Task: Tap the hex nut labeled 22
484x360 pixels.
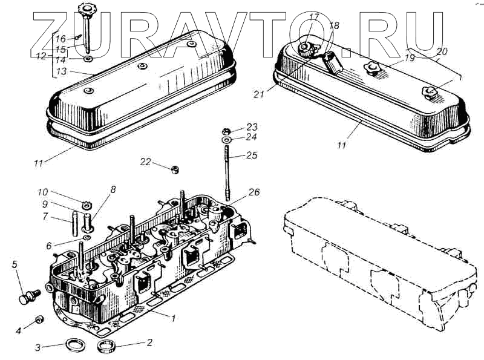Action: point(173,169)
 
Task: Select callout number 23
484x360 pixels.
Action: point(252,128)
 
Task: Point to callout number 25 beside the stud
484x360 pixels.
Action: point(252,155)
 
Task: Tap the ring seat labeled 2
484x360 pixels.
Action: point(107,347)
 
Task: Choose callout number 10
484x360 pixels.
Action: point(42,192)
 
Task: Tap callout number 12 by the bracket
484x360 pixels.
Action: point(39,57)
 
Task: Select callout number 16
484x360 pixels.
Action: point(60,38)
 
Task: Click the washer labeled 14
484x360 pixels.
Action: point(88,59)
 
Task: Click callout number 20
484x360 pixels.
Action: point(443,52)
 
